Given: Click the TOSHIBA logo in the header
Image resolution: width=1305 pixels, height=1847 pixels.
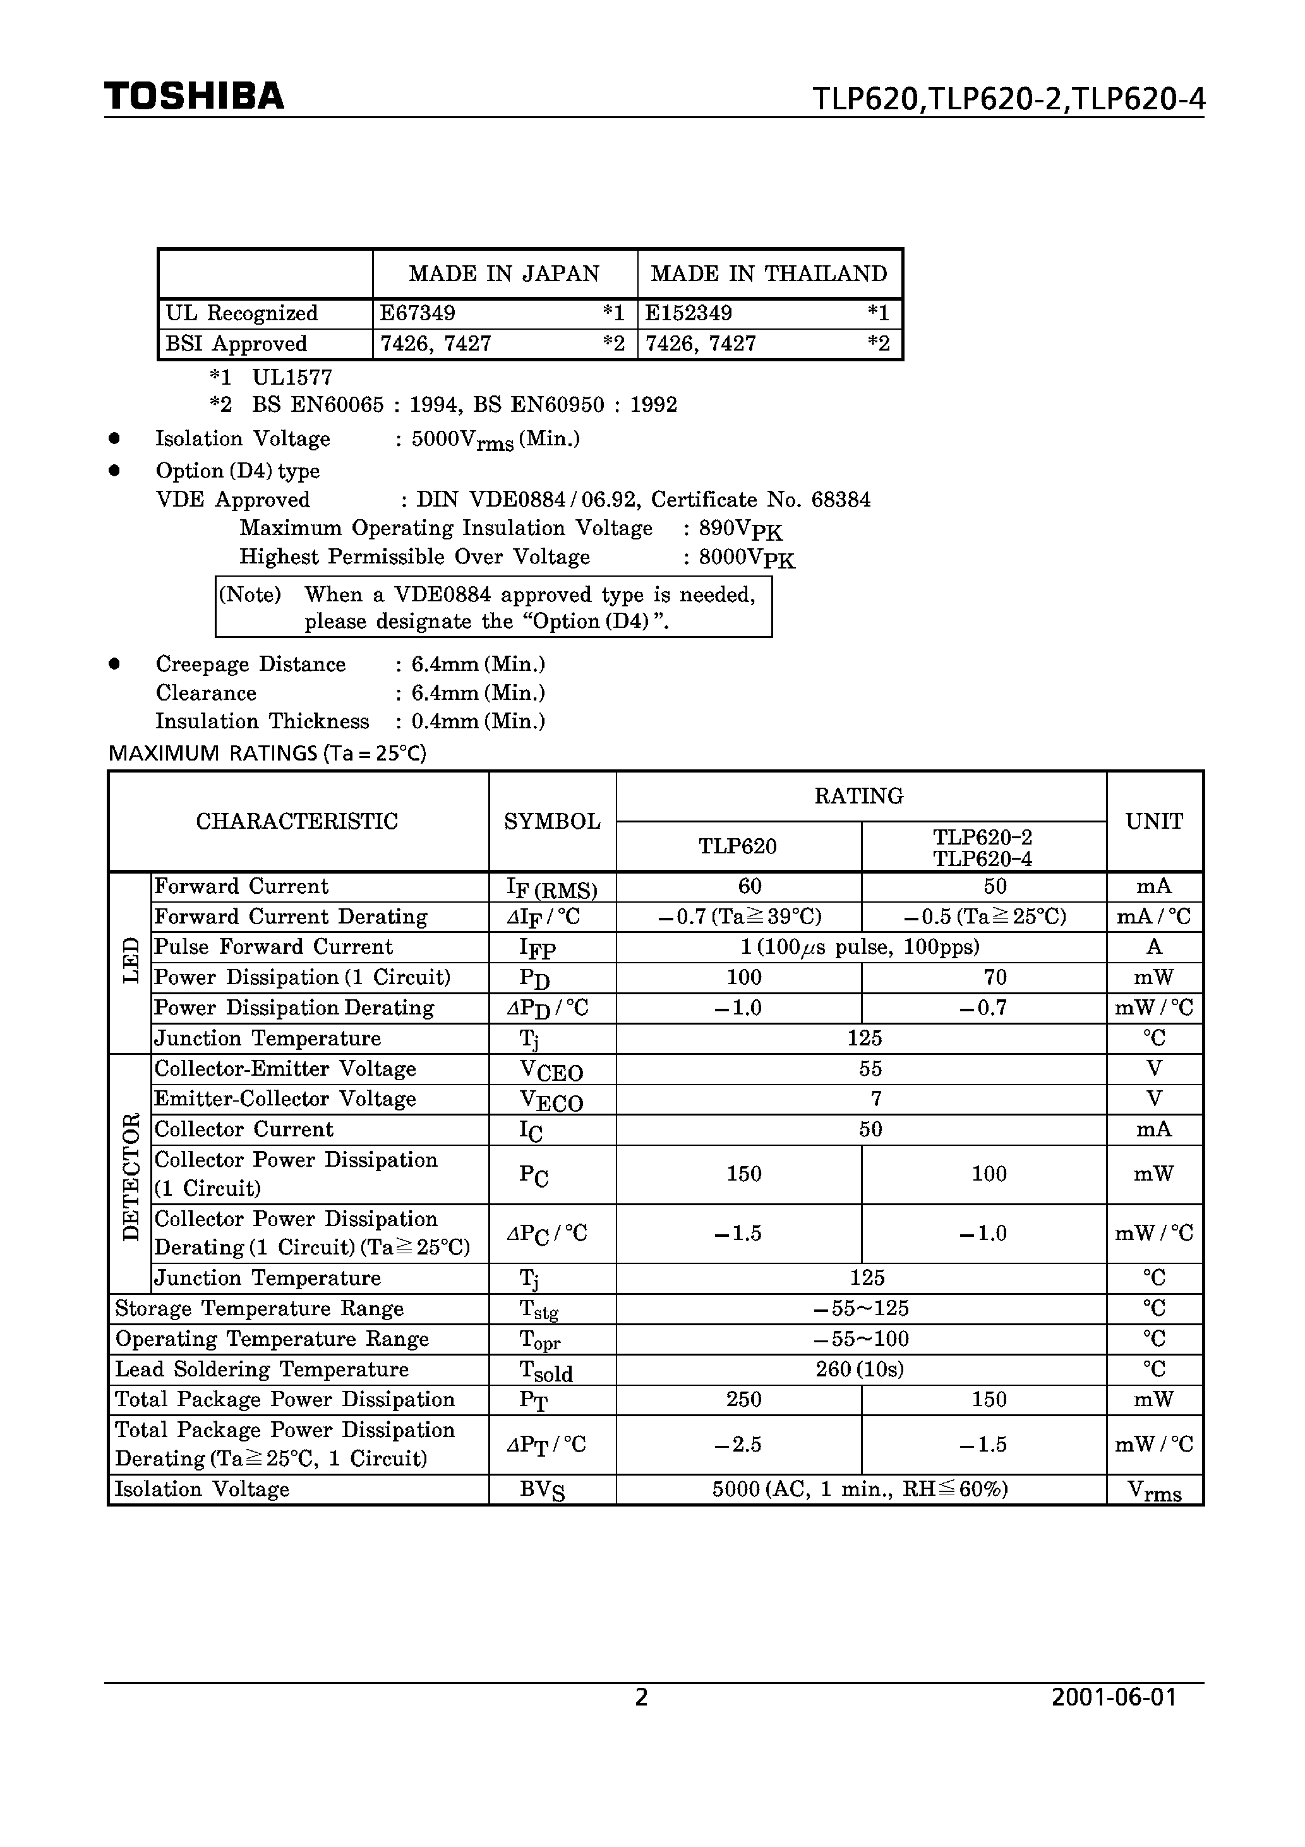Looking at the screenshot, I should tap(194, 97).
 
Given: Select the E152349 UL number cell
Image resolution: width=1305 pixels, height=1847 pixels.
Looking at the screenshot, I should tap(689, 313).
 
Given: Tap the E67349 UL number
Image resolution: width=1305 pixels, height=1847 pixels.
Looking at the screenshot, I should tap(418, 313).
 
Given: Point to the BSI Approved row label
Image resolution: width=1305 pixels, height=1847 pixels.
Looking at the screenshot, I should tap(236, 344).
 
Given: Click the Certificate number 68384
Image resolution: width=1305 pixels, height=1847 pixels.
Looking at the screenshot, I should tap(841, 500).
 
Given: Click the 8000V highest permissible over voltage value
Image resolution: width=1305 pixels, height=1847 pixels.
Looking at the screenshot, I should tap(747, 558).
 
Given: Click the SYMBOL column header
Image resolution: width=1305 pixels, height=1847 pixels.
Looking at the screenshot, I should tap(552, 821).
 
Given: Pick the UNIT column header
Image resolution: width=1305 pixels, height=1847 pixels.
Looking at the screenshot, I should tap(1154, 821).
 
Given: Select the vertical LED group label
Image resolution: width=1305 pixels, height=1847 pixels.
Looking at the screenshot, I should tap(130, 961).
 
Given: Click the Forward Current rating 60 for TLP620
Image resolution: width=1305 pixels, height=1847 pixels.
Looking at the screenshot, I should tap(750, 886).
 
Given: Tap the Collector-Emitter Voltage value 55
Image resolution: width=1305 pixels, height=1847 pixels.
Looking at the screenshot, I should tap(870, 1069).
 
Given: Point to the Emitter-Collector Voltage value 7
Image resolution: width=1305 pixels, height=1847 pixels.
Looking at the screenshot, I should tap(876, 1099).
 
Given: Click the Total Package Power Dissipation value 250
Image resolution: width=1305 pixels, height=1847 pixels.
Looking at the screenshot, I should tap(743, 1400).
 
